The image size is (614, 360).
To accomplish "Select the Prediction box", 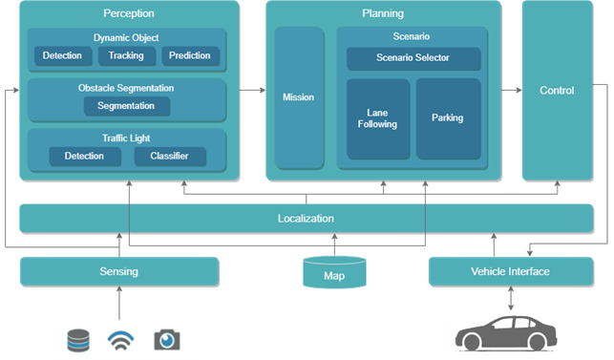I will (190, 55).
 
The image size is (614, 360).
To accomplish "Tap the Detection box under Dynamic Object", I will (62, 55).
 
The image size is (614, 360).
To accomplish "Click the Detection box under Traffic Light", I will (84, 156).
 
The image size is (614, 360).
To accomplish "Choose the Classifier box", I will (168, 156).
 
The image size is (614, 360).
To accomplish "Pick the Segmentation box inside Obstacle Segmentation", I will (126, 106).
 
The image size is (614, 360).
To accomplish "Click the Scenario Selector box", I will (412, 58).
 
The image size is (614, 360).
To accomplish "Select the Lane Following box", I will (377, 118).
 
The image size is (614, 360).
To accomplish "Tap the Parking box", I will (447, 118).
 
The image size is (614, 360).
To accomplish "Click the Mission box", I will (298, 97).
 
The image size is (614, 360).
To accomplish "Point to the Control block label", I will (557, 91).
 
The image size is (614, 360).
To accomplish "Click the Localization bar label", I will (306, 219).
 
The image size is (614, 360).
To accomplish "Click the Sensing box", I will (118, 271).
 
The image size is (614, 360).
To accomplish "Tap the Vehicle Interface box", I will (510, 271).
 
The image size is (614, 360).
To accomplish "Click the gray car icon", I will (505, 336).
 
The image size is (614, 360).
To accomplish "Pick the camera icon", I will (167, 340).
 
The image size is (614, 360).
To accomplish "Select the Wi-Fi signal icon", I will (121, 340).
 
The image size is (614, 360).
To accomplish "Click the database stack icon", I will (78, 340).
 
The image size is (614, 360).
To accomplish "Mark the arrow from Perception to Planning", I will (251, 91).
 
